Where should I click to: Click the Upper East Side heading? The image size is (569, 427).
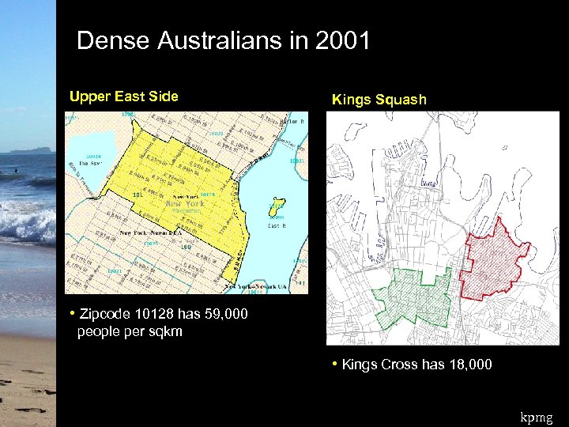pyautogui.click(x=124, y=96)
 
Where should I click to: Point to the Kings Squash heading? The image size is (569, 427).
pyautogui.click(x=379, y=100)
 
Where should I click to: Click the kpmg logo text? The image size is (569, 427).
pyautogui.click(x=537, y=416)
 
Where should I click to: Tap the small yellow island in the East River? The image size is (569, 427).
pyautogui.click(x=276, y=205)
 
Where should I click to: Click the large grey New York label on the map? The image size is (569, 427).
pyautogui.click(x=184, y=203)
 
